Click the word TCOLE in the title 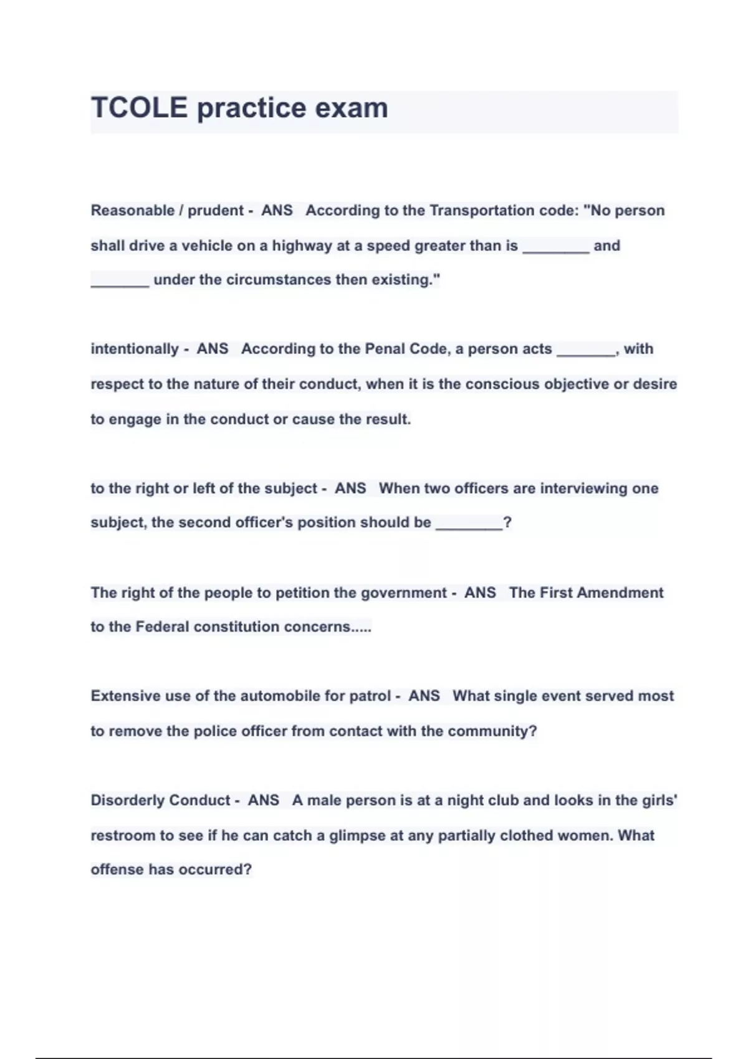[x=139, y=108]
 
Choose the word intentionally [x=135, y=349]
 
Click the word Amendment [x=620, y=592]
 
